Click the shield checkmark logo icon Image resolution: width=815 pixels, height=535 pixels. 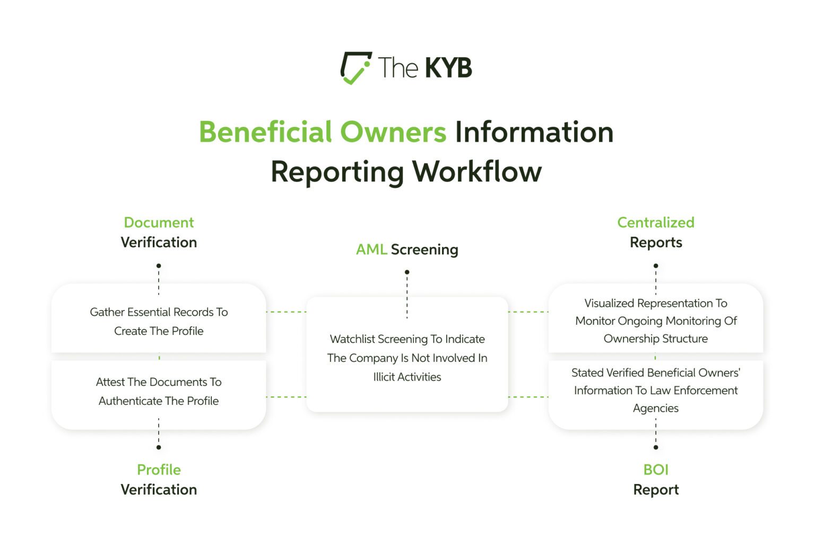pos(355,67)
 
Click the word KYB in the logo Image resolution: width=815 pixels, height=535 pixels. pos(448,68)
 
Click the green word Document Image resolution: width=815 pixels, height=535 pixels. pos(159,222)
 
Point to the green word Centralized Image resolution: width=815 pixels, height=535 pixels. pos(655,222)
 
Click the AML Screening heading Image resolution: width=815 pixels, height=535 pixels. pos(407,249)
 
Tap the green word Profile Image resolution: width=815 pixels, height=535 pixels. pos(159,470)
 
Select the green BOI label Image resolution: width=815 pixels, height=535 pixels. pos(655,470)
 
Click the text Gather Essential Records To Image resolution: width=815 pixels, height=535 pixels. pos(159,312)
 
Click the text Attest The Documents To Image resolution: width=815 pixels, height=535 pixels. pos(159,382)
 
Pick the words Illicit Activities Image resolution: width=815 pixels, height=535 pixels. pos(407,377)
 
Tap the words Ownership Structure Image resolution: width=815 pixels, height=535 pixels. pos(655,339)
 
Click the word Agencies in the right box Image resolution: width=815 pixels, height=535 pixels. pos(655,408)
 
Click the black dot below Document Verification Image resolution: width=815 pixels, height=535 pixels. pos(159,266)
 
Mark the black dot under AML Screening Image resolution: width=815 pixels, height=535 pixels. pos(407,272)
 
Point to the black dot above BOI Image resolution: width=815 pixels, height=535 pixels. pos(656,447)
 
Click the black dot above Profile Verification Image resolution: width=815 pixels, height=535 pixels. pos(159,447)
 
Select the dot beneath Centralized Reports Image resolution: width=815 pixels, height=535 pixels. pos(656,266)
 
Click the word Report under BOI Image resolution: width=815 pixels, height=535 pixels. pos(655,490)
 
